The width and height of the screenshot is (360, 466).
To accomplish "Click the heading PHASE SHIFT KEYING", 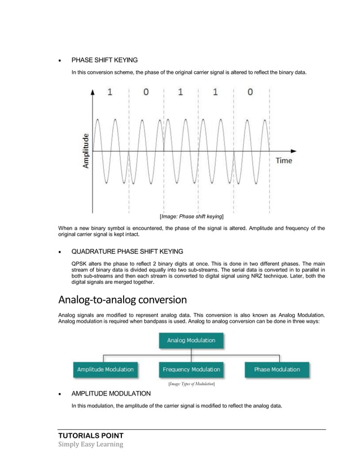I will [x=104, y=60].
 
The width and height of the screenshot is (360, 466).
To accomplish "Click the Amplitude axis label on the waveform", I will [x=86, y=151].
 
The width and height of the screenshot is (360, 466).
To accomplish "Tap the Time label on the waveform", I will [x=284, y=161].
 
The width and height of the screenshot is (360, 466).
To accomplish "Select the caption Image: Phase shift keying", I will [x=191, y=217].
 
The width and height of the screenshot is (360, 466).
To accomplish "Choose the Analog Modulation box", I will [x=191, y=341].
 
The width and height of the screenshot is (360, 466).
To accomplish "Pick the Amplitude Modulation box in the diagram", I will [x=105, y=370].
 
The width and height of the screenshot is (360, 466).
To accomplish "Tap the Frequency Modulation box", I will [x=191, y=370].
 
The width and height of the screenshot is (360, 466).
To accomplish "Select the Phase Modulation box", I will [x=277, y=370].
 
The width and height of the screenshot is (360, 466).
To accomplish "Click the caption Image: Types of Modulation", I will [x=191, y=384].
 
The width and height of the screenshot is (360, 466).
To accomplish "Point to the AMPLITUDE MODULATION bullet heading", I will [x=111, y=393].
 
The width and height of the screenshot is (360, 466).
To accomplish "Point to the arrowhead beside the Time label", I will [x=293, y=151].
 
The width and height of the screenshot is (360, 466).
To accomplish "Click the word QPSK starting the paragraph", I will [x=80, y=263].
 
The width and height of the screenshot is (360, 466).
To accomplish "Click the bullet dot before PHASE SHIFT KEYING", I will [x=60, y=60].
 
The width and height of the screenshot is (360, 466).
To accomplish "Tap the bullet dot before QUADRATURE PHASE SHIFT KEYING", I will [x=60, y=251].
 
